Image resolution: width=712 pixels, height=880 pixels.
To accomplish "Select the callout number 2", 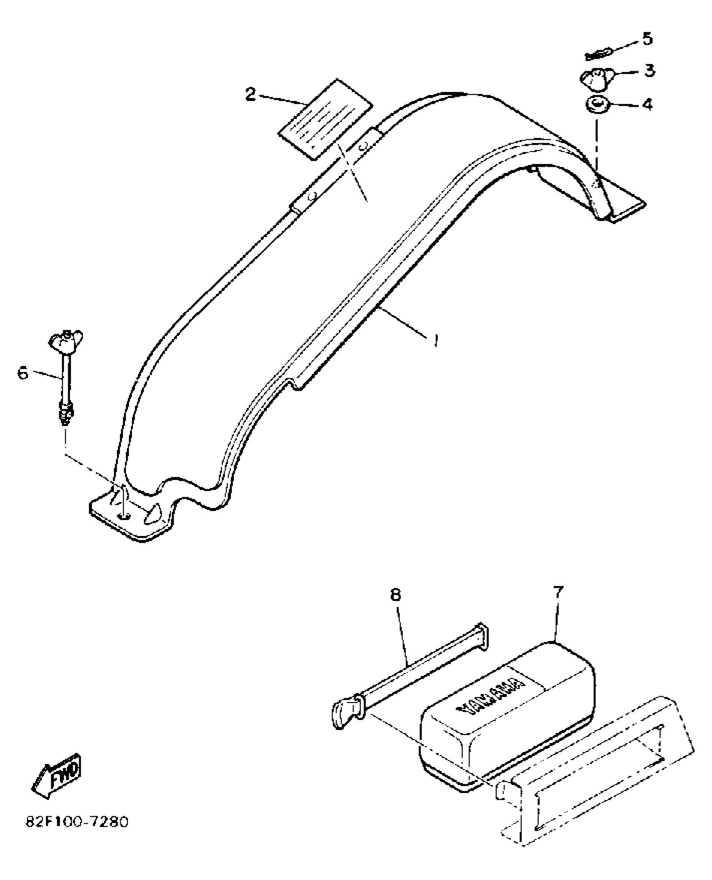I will pyautogui.click(x=250, y=95).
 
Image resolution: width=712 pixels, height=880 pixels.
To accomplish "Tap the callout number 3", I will pyautogui.click(x=649, y=70).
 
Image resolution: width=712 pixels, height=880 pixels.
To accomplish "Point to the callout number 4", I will pyautogui.click(x=648, y=104).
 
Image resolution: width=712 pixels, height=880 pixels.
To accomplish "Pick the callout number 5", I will pyautogui.click(x=647, y=39).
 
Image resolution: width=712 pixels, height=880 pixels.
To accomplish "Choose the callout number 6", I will pyautogui.click(x=23, y=372).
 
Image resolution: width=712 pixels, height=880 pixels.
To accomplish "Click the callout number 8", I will pyautogui.click(x=396, y=594).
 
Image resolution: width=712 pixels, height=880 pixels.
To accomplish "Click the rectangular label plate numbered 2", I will pyautogui.click(x=325, y=120).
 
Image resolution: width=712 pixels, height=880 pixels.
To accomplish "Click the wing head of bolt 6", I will pyautogui.click(x=66, y=337).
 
